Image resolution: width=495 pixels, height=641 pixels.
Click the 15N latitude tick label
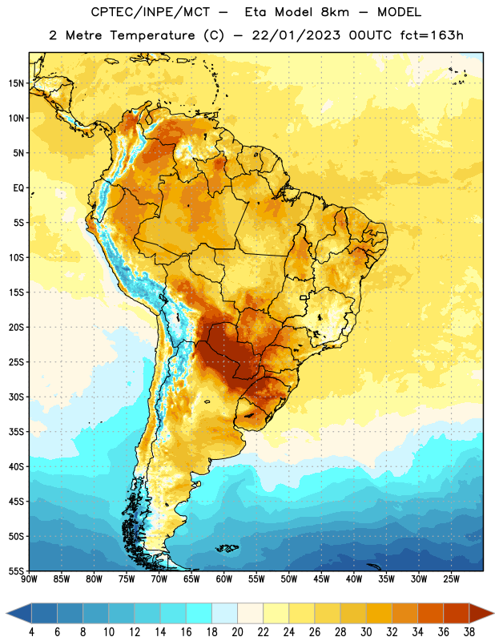pos(16,83)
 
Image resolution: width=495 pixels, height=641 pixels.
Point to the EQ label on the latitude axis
pos(18,188)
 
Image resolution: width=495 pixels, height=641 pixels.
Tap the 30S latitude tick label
pos(16,397)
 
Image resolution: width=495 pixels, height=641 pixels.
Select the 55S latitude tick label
pos(16,570)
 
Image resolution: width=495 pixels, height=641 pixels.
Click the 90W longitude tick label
pos(29,579)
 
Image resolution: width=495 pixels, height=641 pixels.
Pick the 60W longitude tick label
pos(224,579)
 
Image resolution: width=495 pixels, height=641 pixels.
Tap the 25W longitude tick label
pos(451,579)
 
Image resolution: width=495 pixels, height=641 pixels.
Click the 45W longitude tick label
pos(321,579)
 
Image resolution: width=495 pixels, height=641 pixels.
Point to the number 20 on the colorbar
pos(237,632)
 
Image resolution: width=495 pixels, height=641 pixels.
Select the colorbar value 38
pos(469,632)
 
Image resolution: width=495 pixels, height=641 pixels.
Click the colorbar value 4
pos(31,632)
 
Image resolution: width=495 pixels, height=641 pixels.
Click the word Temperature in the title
pos(152,35)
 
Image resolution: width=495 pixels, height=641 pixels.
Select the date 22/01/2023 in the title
pos(296,35)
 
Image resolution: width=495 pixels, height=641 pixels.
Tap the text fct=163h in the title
pos(432,35)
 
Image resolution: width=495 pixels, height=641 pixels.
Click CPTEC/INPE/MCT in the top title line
pos(150,12)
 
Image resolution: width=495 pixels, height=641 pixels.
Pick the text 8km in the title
pos(335,12)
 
